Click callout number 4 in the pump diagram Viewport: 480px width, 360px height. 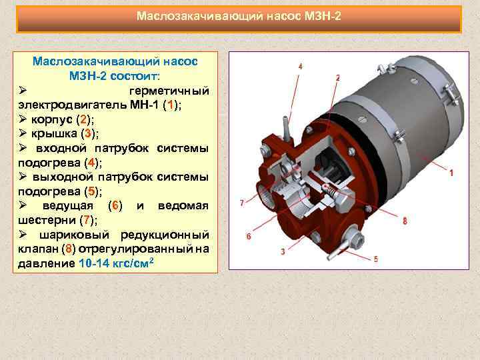click(x=300, y=67)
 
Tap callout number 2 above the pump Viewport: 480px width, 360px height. click(x=338, y=78)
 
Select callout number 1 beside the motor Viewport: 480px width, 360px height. click(x=452, y=173)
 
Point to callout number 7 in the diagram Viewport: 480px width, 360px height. click(x=241, y=201)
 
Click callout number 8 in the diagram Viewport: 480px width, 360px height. click(x=405, y=221)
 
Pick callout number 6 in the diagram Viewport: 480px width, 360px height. click(x=249, y=237)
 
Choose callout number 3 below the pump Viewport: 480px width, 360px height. click(x=283, y=251)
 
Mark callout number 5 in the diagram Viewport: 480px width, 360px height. click(x=375, y=259)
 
